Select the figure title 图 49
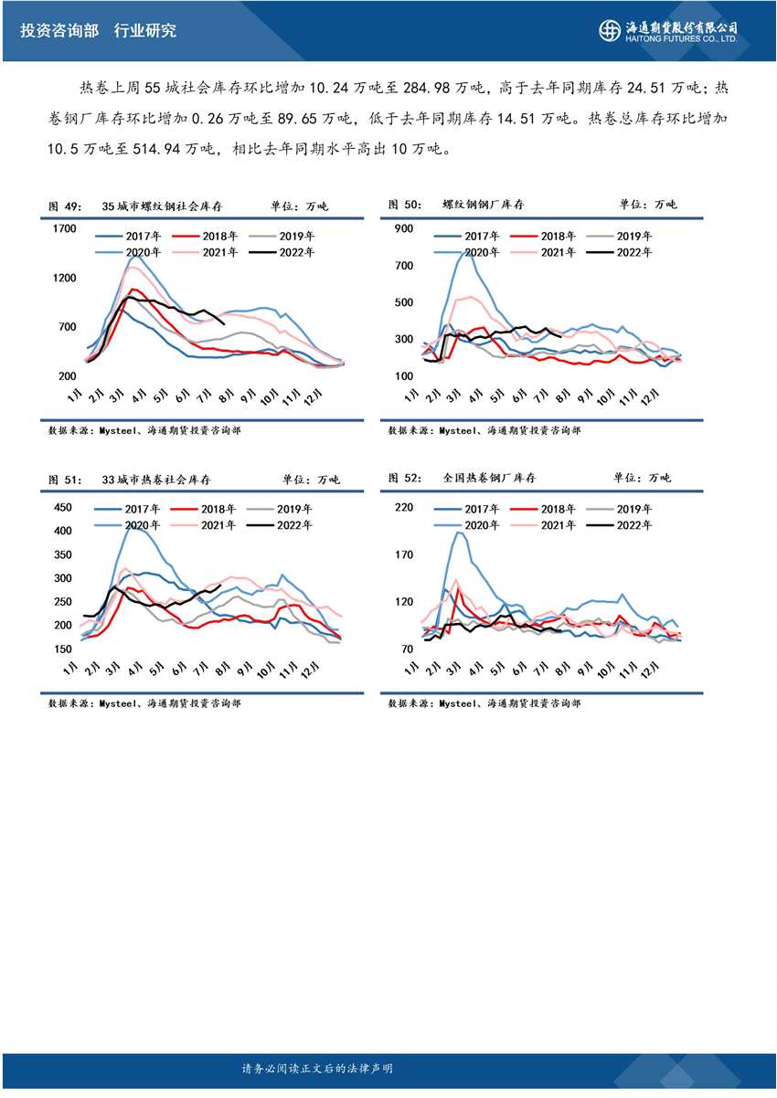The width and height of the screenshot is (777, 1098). (65, 206)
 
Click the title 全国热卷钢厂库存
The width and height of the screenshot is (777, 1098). (489, 478)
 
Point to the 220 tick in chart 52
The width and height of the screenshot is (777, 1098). (403, 508)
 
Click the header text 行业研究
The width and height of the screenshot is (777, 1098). (145, 30)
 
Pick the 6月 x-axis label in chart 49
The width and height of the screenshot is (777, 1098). (181, 398)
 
